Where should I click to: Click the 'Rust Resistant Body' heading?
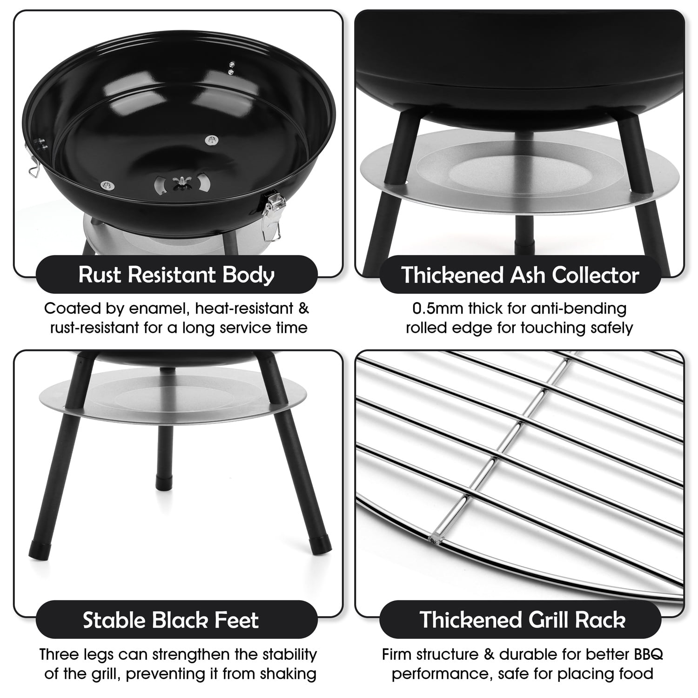(176, 275)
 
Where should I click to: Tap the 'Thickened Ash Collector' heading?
(520, 275)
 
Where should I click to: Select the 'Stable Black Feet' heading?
(171, 620)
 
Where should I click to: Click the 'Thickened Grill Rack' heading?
(523, 620)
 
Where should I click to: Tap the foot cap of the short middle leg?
(164, 483)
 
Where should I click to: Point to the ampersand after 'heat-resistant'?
(303, 309)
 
